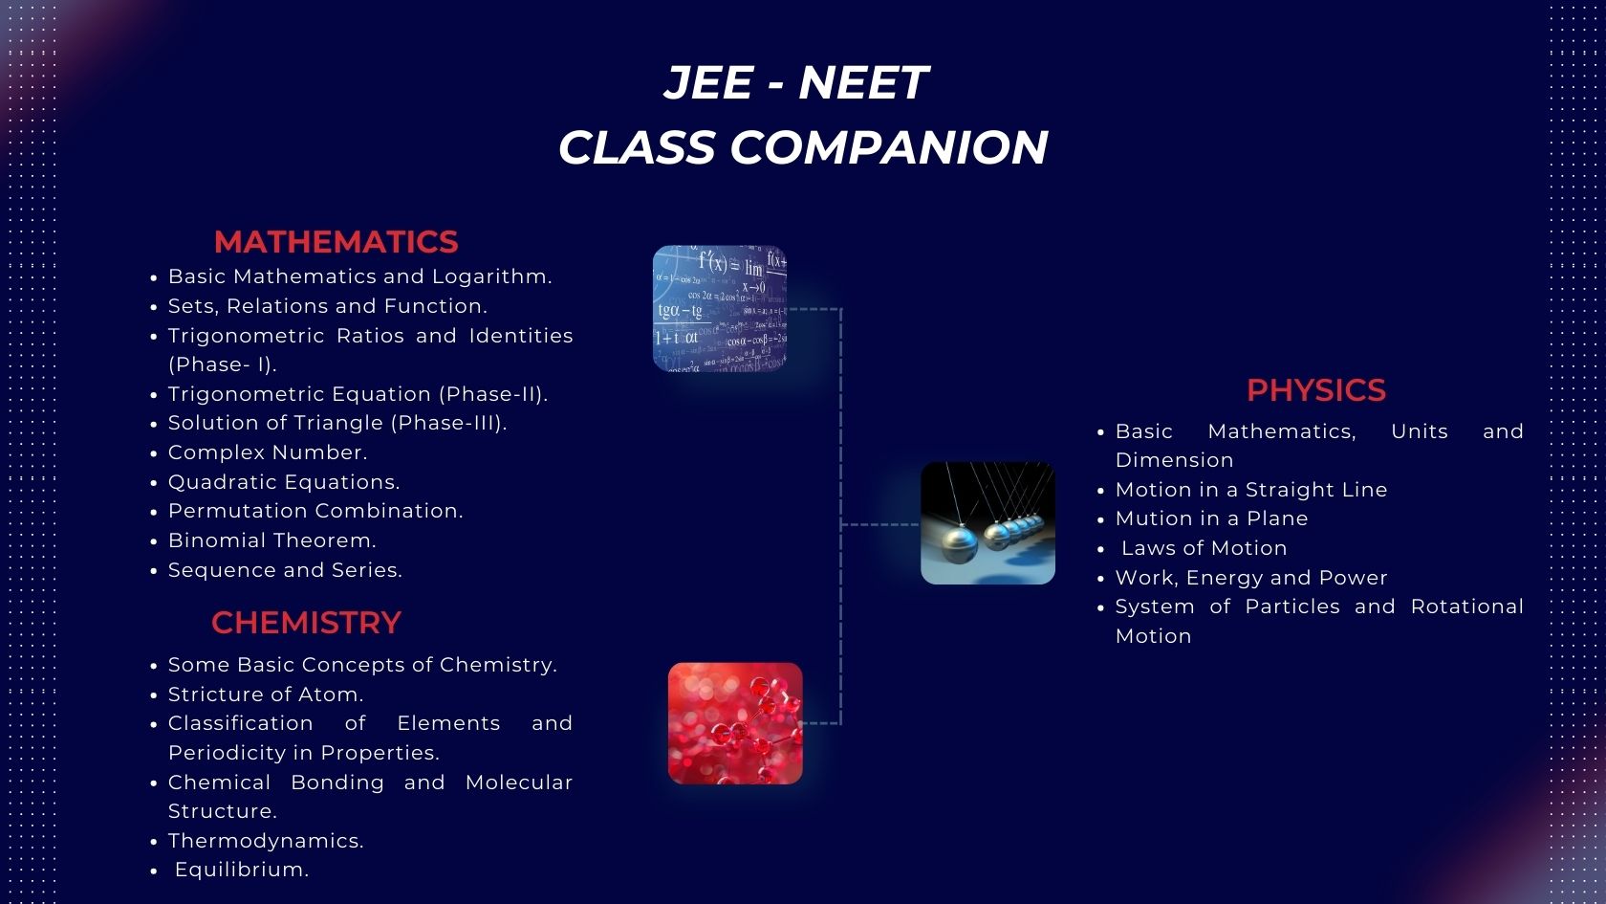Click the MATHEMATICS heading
click(336, 242)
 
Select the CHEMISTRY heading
click(306, 623)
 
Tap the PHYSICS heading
click(1315, 390)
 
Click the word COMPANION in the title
click(889, 147)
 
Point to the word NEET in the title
click(862, 82)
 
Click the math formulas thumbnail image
click(719, 308)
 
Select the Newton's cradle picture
click(987, 523)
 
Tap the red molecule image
click(735, 723)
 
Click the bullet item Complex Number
click(267, 452)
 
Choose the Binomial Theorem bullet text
click(271, 540)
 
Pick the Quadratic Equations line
click(284, 482)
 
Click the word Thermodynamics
click(266, 841)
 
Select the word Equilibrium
click(241, 870)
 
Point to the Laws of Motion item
click(1204, 548)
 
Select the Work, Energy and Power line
click(1250, 578)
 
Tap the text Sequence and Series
click(285, 570)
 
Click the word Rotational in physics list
click(1466, 606)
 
